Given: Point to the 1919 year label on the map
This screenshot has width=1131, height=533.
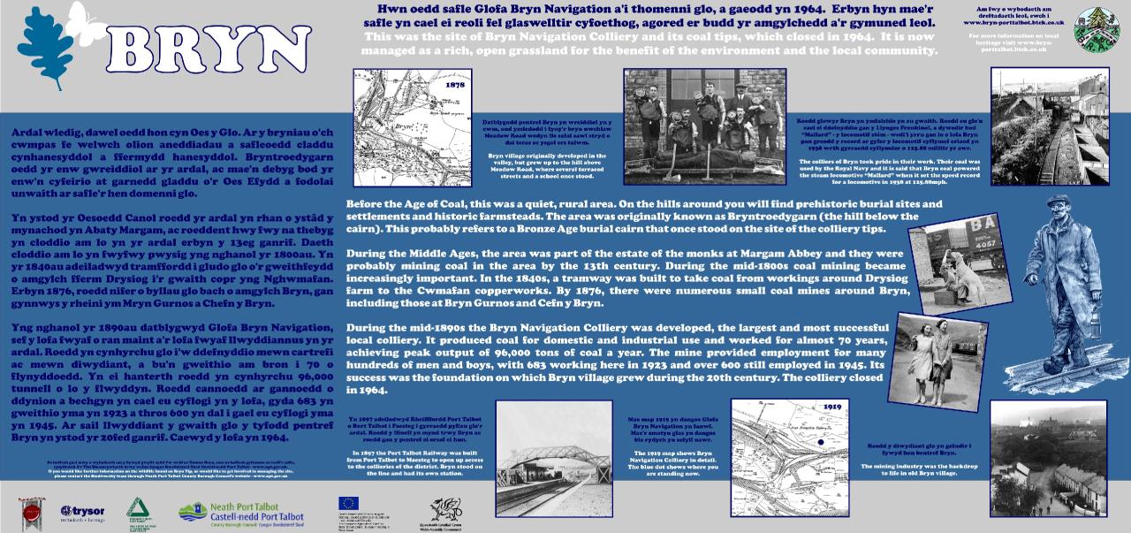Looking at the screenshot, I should tap(831, 413).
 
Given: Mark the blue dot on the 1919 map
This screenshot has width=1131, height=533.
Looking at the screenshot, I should tap(822, 442).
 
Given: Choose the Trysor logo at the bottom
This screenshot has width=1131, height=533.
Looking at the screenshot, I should tap(83, 512).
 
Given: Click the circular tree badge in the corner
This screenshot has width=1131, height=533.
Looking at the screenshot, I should tap(1096, 30).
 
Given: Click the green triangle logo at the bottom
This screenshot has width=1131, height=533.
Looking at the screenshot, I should tap(135, 509).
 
